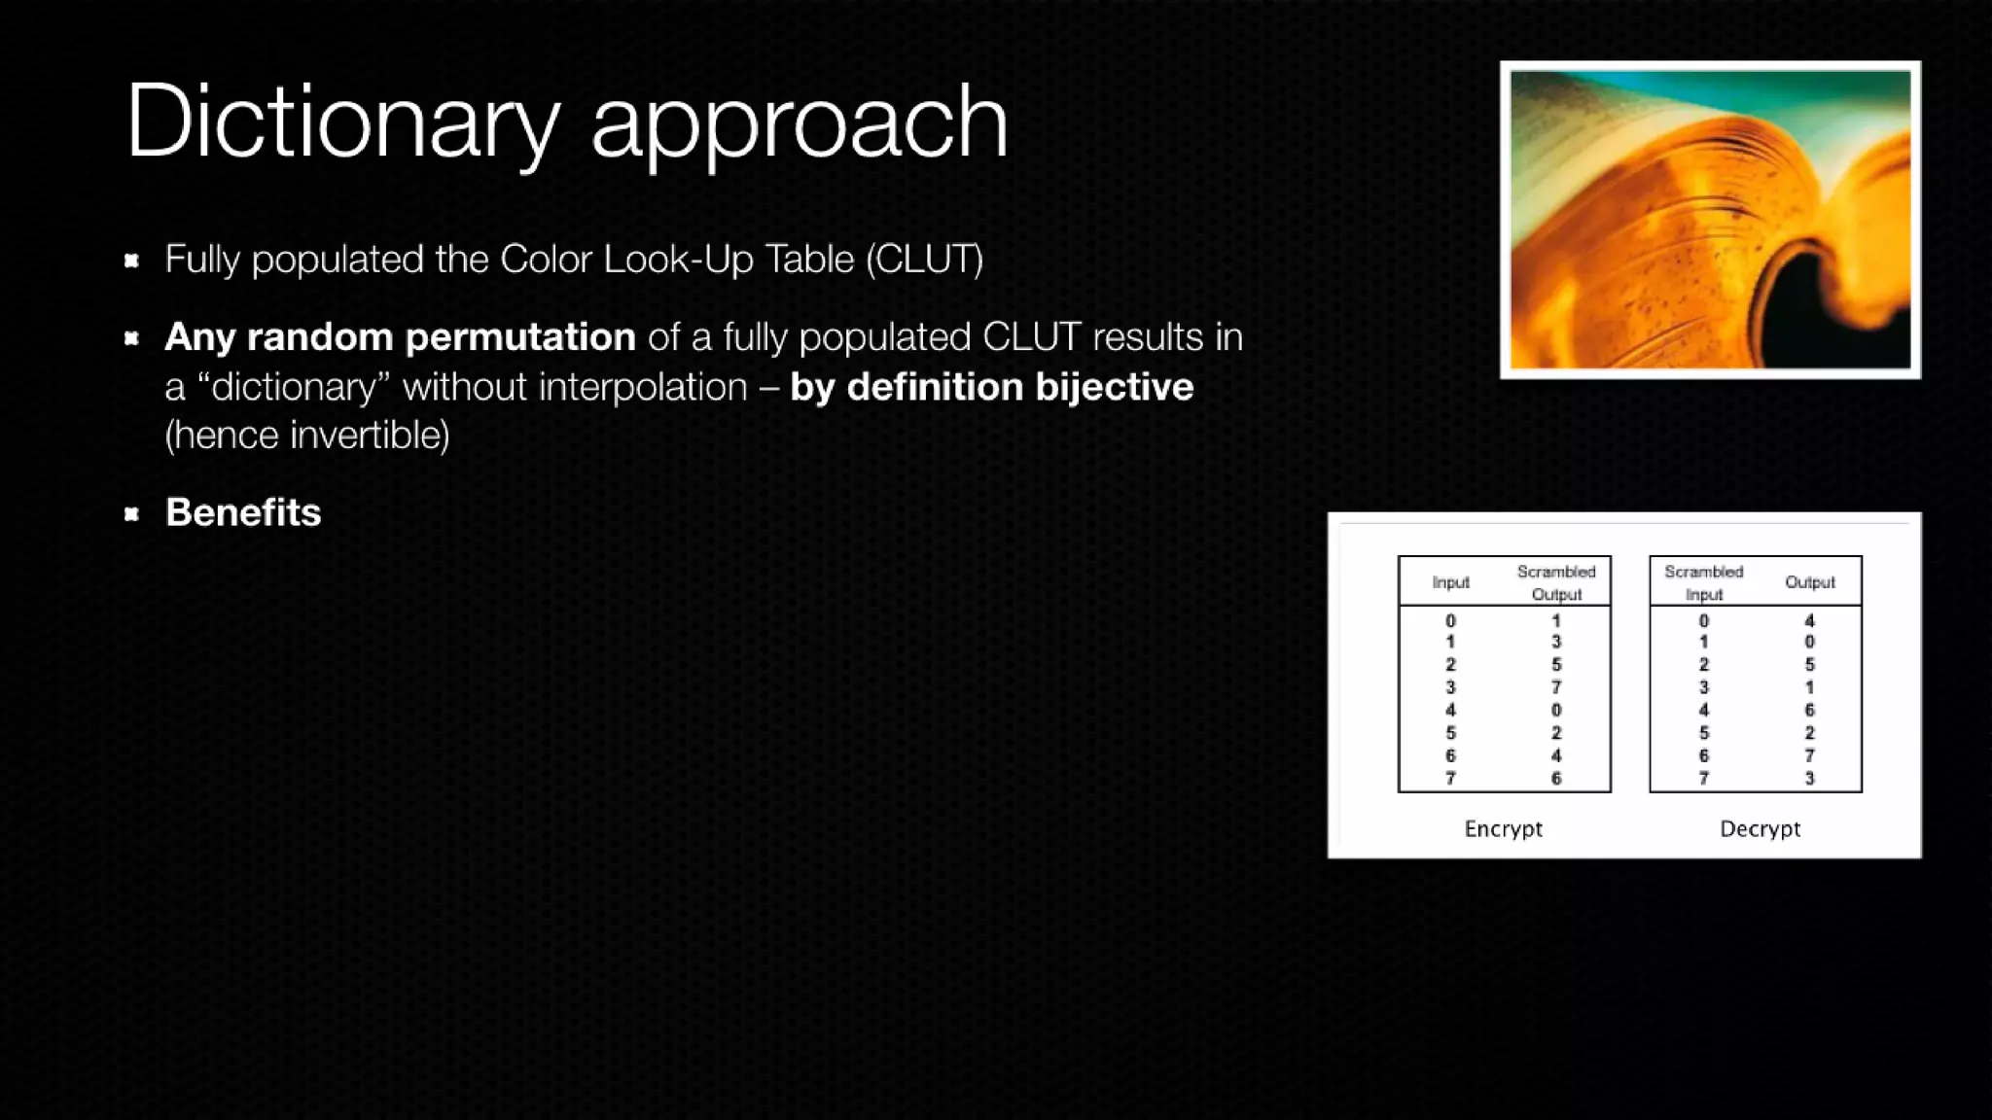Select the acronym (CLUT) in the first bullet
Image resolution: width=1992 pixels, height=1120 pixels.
924,260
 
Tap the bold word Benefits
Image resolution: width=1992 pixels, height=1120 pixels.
242,512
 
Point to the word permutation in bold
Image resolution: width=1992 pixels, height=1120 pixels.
519,337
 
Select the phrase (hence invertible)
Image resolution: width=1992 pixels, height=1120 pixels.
306,436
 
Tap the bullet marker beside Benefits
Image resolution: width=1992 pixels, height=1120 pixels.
132,513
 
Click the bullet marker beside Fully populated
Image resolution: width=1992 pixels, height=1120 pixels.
132,260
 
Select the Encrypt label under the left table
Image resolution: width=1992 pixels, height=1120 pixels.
1503,828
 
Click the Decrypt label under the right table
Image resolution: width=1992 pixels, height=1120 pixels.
1760,828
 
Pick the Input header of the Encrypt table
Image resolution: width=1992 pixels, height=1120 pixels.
1450,582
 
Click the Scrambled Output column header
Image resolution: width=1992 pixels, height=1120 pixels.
1556,582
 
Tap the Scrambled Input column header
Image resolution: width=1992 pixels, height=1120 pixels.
1703,582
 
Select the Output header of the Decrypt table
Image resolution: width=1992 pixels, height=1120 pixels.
1809,582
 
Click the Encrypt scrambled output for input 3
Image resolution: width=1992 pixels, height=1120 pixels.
1556,687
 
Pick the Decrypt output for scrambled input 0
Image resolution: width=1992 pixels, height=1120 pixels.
1809,620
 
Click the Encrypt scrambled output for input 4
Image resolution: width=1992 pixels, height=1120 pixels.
1556,710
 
